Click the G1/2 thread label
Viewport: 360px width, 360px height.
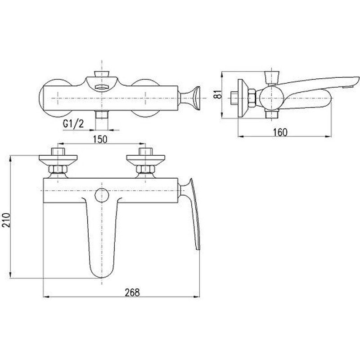pyautogui.click(x=73, y=124)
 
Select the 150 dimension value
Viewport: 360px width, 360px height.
pyautogui.click(x=100, y=139)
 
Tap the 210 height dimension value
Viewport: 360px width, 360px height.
pyautogui.click(x=6, y=220)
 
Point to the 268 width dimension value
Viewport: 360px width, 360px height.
pyautogui.click(x=132, y=292)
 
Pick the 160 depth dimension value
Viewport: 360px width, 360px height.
pyautogui.click(x=280, y=132)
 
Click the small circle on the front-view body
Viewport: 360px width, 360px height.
pyautogui.click(x=102, y=195)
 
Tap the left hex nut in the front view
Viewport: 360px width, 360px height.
pyautogui.click(x=58, y=169)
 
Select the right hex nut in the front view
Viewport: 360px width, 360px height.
pyautogui.click(x=145, y=169)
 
